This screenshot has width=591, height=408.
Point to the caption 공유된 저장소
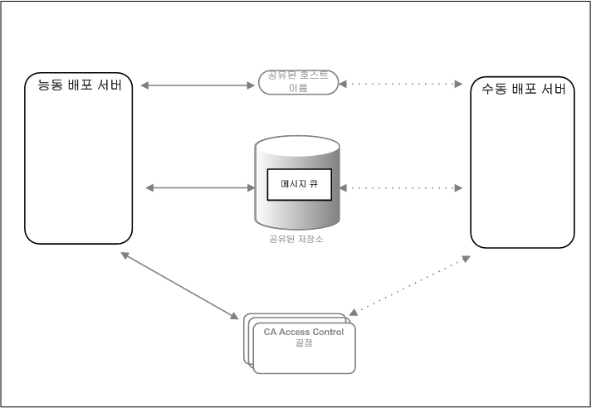pyautogui.click(x=298, y=239)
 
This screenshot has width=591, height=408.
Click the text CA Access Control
pyautogui.click(x=303, y=332)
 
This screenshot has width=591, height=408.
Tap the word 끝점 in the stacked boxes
pyautogui.click(x=303, y=343)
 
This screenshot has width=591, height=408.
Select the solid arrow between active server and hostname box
pyautogui.click(x=197, y=85)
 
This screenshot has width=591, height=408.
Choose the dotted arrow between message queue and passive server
pyautogui.click(x=402, y=188)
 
